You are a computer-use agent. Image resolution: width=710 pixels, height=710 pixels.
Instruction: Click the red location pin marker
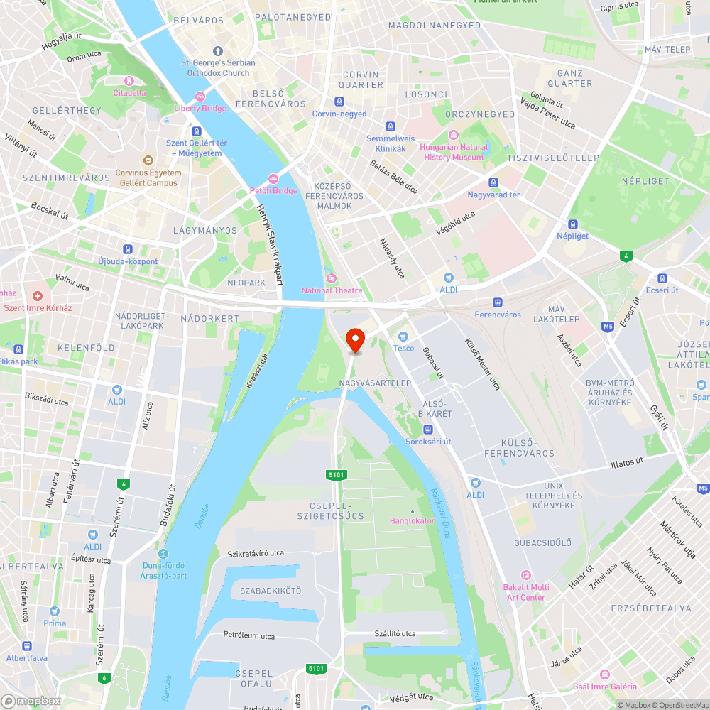click(354, 340)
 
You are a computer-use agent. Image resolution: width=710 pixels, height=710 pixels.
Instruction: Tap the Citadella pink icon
click(129, 80)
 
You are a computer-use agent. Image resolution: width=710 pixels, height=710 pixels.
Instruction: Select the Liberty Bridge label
click(200, 108)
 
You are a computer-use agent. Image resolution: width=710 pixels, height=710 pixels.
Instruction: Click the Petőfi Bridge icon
click(273, 178)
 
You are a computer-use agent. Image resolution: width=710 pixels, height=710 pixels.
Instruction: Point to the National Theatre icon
click(331, 278)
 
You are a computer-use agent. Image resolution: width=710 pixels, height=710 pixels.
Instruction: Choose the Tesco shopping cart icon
click(403, 336)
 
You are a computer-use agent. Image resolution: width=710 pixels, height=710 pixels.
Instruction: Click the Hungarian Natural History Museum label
click(454, 152)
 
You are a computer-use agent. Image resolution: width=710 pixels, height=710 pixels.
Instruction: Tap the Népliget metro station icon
click(572, 223)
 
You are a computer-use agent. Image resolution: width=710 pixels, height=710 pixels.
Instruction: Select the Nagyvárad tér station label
click(493, 195)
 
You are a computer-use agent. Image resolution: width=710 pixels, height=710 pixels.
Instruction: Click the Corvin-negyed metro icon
click(339, 102)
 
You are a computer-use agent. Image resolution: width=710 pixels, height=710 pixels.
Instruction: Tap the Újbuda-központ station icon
click(128, 249)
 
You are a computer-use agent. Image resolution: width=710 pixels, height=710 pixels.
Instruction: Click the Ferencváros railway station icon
click(498, 302)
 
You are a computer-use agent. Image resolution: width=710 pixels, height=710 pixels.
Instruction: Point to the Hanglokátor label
click(412, 520)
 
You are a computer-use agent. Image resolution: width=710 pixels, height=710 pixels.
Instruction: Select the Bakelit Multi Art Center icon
click(525, 575)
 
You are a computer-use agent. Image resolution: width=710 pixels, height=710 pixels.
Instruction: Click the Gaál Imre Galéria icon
click(605, 674)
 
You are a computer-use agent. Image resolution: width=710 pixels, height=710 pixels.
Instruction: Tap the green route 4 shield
click(625, 256)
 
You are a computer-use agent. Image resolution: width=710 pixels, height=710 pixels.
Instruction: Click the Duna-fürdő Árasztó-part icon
click(163, 554)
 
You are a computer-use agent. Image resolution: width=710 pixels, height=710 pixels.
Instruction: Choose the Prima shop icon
click(55, 611)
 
